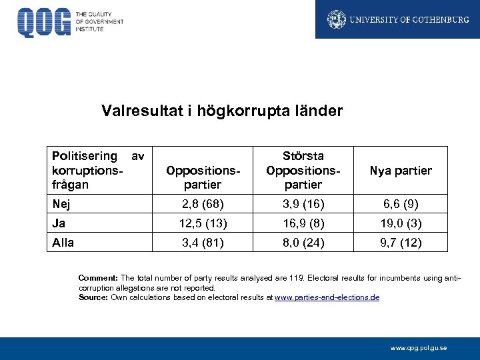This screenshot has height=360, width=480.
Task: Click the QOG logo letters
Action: point(44,22)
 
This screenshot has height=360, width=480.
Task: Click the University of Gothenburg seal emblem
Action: point(337,19)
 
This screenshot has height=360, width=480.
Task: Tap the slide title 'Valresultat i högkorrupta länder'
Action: point(222,110)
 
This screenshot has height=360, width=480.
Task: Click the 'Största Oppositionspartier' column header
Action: point(303,170)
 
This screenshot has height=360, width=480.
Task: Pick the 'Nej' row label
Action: point(61,203)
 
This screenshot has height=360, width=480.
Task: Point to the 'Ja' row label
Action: point(59,223)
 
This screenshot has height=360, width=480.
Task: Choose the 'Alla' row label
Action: point(63,243)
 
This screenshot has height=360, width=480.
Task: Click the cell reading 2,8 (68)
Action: point(203,203)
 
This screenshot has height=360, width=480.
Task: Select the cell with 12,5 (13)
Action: point(203,223)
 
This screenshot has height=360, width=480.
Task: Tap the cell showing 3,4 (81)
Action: point(203,243)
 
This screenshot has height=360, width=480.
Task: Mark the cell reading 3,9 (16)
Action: point(303,203)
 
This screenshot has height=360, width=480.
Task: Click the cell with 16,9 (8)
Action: point(303,223)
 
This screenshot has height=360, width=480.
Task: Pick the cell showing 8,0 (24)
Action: point(303,243)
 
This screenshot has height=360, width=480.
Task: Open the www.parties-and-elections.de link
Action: point(327,297)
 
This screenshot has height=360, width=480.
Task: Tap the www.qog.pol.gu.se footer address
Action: point(419,347)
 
